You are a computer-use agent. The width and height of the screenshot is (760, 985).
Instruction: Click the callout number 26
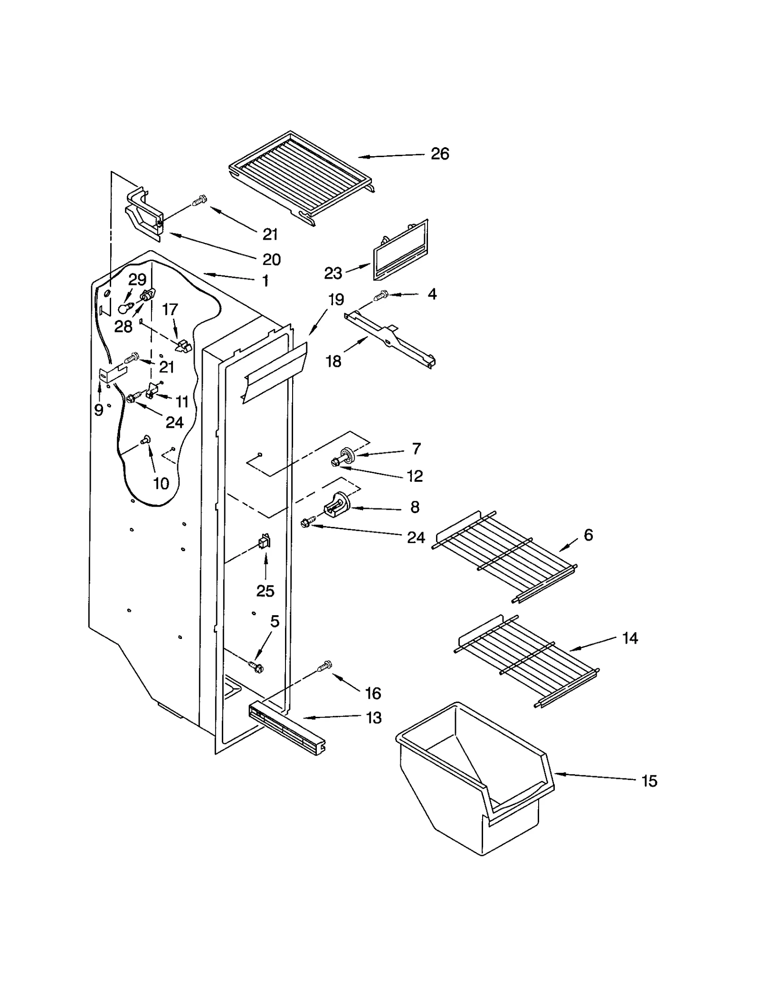pyautogui.click(x=439, y=154)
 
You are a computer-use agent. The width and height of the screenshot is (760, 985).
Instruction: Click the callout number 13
pyautogui.click(x=373, y=718)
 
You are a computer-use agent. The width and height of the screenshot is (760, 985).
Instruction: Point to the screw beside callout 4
pyautogui.click(x=381, y=296)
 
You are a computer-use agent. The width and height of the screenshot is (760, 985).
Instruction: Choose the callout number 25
pyautogui.click(x=265, y=591)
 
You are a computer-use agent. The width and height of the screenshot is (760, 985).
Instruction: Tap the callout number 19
pyautogui.click(x=336, y=300)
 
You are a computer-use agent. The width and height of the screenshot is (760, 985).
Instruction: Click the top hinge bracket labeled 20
pyautogui.click(x=144, y=214)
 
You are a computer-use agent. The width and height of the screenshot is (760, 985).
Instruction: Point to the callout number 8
pyautogui.click(x=415, y=507)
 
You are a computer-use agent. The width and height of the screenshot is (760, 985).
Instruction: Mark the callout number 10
pyautogui.click(x=161, y=484)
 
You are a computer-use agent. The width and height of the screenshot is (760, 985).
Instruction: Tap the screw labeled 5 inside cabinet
pyautogui.click(x=256, y=666)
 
